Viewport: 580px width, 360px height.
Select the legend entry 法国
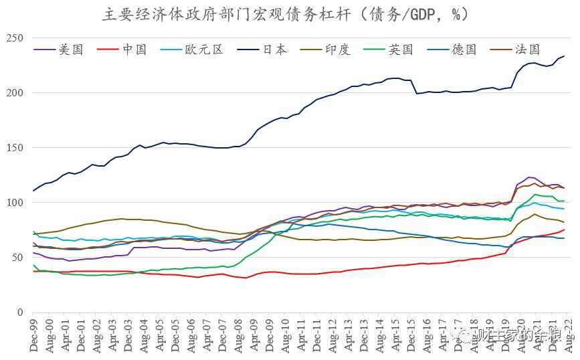528,50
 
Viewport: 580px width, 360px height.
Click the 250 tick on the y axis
15,38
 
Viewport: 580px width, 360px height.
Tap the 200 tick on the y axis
15,93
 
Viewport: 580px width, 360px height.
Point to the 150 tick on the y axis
15,148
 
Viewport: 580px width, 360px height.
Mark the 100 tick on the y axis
15,203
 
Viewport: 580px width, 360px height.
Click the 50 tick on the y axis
17,258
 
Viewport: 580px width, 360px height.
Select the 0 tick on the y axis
20,312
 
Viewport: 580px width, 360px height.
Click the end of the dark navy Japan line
563,56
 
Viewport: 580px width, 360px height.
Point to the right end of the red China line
565,230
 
